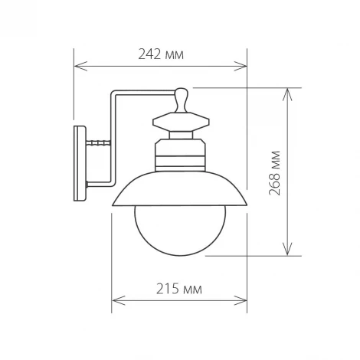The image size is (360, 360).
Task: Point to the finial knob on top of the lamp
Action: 181,98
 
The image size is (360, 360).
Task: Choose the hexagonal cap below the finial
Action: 181,123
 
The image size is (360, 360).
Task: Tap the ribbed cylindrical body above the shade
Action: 181,153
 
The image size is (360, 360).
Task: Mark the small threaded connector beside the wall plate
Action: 97,143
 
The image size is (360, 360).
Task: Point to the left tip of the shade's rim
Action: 113,205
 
